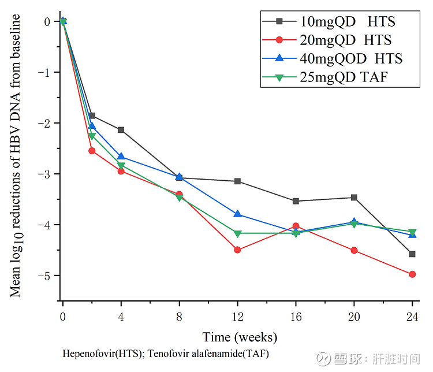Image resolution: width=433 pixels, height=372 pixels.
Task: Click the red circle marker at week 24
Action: click(412, 274)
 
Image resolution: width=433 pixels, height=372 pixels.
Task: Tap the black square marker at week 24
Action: click(412, 254)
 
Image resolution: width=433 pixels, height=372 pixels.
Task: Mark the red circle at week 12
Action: click(237, 250)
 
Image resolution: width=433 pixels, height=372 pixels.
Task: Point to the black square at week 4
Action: click(121, 130)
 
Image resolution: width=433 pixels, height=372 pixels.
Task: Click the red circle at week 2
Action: click(92, 151)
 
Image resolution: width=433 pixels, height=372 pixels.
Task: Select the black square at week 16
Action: click(296, 201)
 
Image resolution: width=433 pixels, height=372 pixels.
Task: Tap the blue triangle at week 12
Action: click(237, 214)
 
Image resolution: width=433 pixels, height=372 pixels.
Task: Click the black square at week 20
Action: click(354, 198)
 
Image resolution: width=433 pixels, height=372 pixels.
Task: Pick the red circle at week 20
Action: click(354, 250)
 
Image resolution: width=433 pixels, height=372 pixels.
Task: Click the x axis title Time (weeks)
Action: click(240, 337)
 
